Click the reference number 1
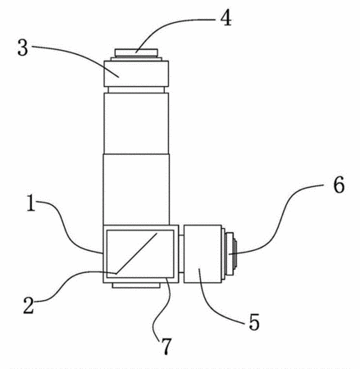tap(31, 203)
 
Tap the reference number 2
tap(29, 305)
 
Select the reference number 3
tap(23, 48)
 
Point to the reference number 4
tap(226, 18)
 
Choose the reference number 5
tap(254, 322)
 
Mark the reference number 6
tap(339, 184)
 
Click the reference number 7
tap(166, 345)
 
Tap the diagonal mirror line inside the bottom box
tap(137, 253)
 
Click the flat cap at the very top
tap(136, 52)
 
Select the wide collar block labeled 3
tap(136, 74)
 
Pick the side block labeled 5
tap(203, 254)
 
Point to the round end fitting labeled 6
tap(230, 254)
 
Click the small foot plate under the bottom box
tap(136, 285)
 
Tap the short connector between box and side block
tap(181, 253)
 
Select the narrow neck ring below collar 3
tap(136, 90)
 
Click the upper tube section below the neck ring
tap(136, 123)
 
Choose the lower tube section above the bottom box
tap(136, 189)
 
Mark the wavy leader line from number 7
tap(162, 307)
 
